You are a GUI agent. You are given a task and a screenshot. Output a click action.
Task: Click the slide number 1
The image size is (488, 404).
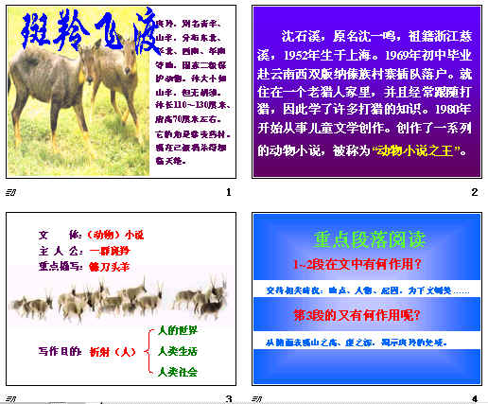coord(228,193)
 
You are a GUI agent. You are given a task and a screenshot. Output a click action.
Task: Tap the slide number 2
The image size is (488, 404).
coord(474,193)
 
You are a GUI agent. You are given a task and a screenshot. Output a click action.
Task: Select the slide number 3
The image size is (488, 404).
coord(228,397)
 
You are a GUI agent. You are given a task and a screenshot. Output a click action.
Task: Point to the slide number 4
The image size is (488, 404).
coord(474,397)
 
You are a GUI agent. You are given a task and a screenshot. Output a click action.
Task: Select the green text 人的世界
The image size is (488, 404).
coord(178,330)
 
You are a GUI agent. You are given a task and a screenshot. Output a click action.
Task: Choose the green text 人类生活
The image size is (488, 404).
coord(178,351)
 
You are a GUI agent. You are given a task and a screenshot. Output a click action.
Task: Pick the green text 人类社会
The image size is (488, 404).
coord(178,372)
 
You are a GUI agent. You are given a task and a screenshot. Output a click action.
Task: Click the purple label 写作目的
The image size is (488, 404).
coord(57,351)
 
